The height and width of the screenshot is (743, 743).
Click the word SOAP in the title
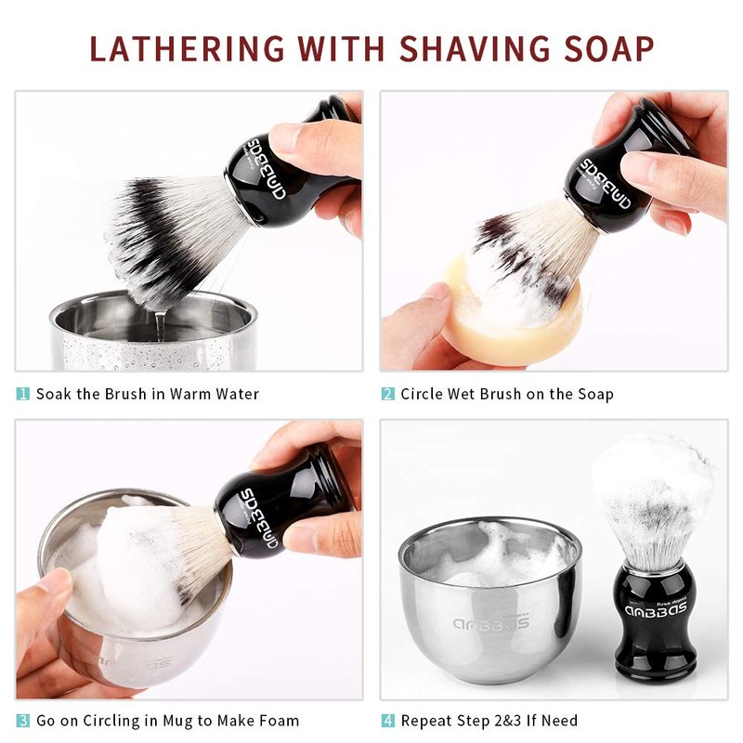pyautogui.click(x=609, y=49)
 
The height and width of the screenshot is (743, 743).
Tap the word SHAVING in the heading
pyautogui.click(x=475, y=49)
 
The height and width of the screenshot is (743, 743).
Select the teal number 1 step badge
pyautogui.click(x=22, y=394)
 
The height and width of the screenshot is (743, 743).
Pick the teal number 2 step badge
pyautogui.click(x=387, y=394)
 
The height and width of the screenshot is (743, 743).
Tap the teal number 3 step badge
pyautogui.click(x=22, y=721)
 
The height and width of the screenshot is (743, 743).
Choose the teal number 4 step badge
pyautogui.click(x=387, y=721)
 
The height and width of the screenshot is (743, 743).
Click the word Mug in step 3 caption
pyautogui.click(x=177, y=722)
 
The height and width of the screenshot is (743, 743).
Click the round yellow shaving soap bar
pyautogui.click(x=512, y=313)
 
